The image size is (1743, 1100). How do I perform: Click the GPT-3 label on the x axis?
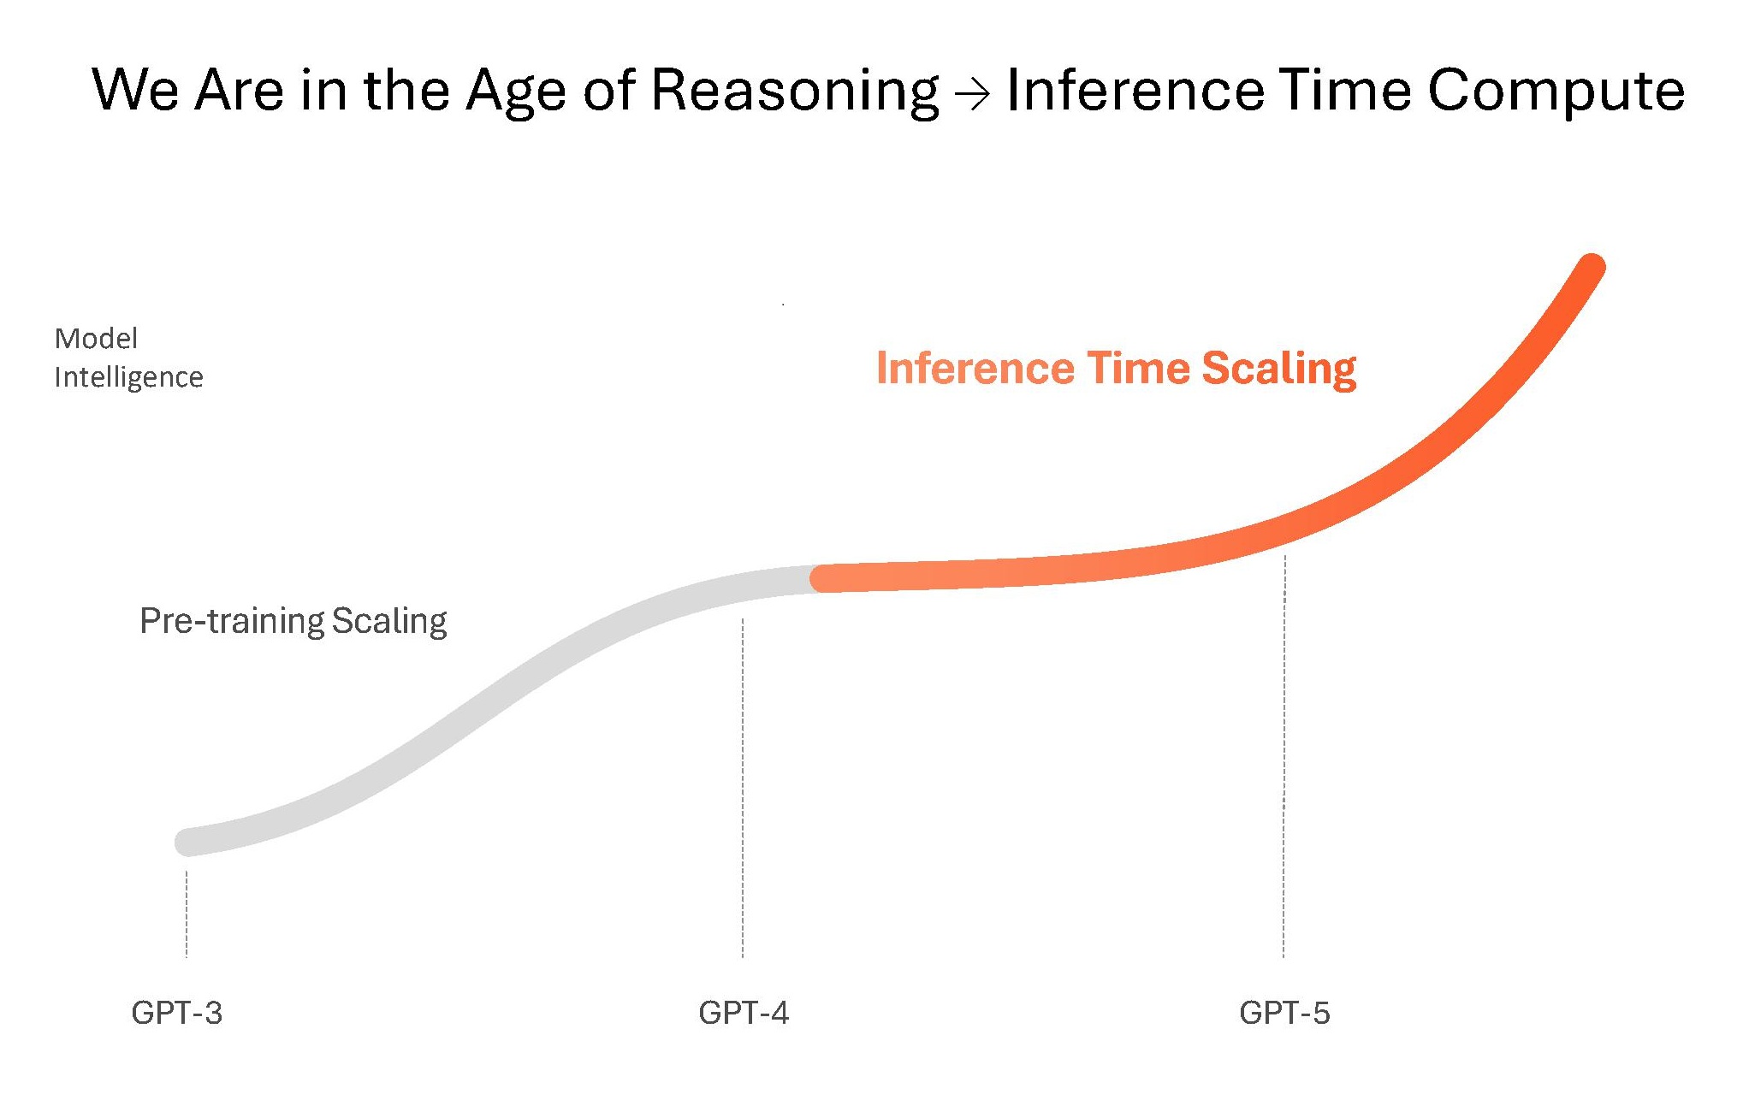(x=177, y=1013)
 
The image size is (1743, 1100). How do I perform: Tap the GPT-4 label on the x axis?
(x=744, y=1013)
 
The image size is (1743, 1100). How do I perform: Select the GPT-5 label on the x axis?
(x=1284, y=1013)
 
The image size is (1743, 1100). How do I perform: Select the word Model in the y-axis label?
(x=96, y=339)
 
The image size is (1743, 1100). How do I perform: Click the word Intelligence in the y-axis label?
(x=129, y=377)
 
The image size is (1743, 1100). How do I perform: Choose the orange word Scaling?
(x=1279, y=370)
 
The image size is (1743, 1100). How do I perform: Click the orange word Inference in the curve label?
(x=976, y=368)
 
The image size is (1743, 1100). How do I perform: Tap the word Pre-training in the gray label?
(x=231, y=621)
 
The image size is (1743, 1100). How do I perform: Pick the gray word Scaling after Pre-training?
(x=389, y=621)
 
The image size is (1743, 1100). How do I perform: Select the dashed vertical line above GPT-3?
(x=187, y=914)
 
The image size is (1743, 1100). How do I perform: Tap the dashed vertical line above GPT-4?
(x=743, y=788)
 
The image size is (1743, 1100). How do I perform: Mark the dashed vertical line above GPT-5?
(x=1284, y=756)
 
